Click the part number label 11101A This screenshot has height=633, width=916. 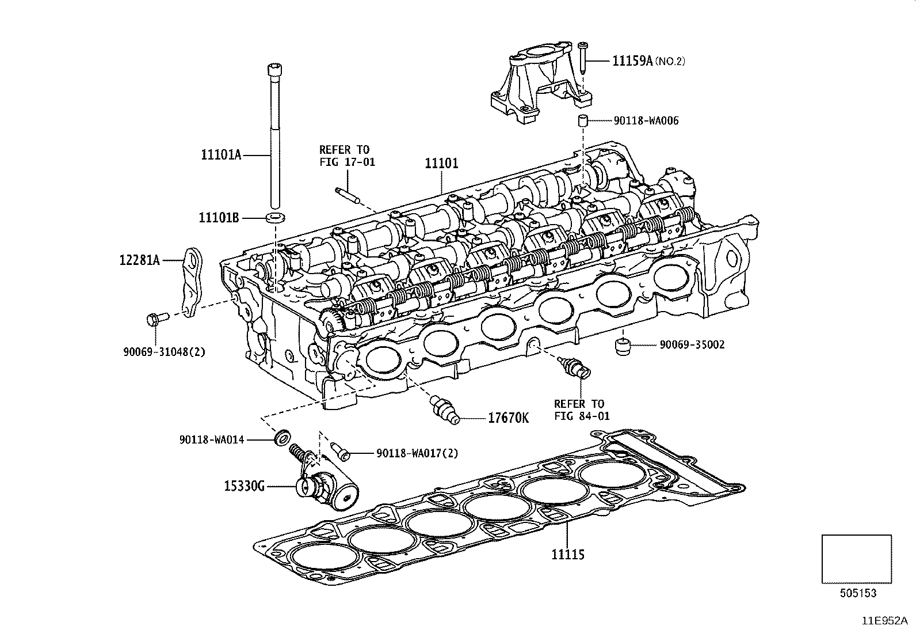(x=220, y=154)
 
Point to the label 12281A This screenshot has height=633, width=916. (x=139, y=260)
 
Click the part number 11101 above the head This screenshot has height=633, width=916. (x=441, y=163)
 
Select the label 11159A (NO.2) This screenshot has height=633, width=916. (x=648, y=61)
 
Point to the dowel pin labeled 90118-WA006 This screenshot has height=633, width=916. (x=582, y=121)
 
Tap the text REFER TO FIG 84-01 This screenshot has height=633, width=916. (x=581, y=410)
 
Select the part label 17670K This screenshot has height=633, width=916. (x=508, y=418)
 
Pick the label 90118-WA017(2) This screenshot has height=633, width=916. (x=417, y=453)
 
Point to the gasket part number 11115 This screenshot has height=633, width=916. (x=567, y=555)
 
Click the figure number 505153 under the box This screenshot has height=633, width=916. (x=857, y=593)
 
